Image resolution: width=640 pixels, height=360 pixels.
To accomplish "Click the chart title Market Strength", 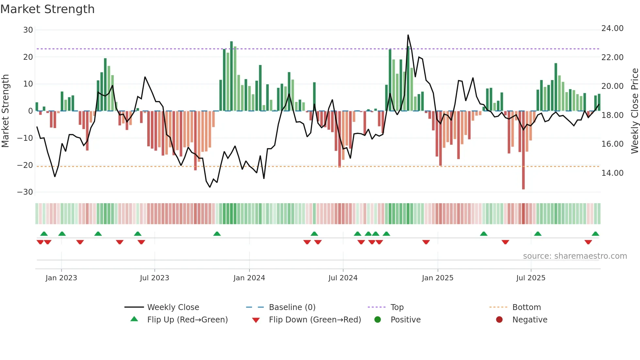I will (48, 9).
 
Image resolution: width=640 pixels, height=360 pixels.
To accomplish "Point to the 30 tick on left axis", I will (28, 30).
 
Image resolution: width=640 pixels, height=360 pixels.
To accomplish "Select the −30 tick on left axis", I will (25, 192).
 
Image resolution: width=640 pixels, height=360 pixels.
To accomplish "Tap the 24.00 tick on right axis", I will (612, 28).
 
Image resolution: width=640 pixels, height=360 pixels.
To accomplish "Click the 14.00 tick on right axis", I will (612, 173).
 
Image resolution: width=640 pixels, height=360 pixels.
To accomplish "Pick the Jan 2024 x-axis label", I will (249, 278).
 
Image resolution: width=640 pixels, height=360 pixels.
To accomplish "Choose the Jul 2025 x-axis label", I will (531, 278).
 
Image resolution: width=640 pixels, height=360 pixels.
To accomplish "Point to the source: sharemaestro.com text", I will (575, 256).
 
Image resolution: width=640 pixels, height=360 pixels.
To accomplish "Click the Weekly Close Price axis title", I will (634, 111).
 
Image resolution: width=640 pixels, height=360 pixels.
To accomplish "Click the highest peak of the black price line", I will (408, 35).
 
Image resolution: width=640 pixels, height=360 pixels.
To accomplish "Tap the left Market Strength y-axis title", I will (6, 111).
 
